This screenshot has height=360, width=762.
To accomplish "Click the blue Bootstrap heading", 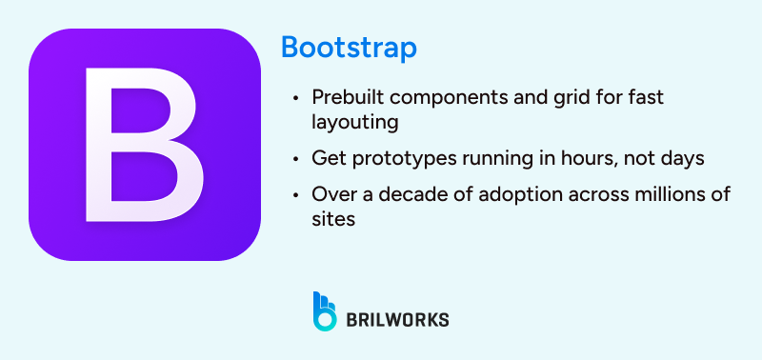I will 349,49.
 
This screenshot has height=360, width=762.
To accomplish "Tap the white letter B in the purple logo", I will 144,144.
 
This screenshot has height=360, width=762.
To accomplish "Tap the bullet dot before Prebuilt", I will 298,98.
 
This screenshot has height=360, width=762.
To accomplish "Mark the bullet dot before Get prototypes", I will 298,157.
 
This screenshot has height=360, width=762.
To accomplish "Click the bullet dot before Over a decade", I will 298,193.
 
